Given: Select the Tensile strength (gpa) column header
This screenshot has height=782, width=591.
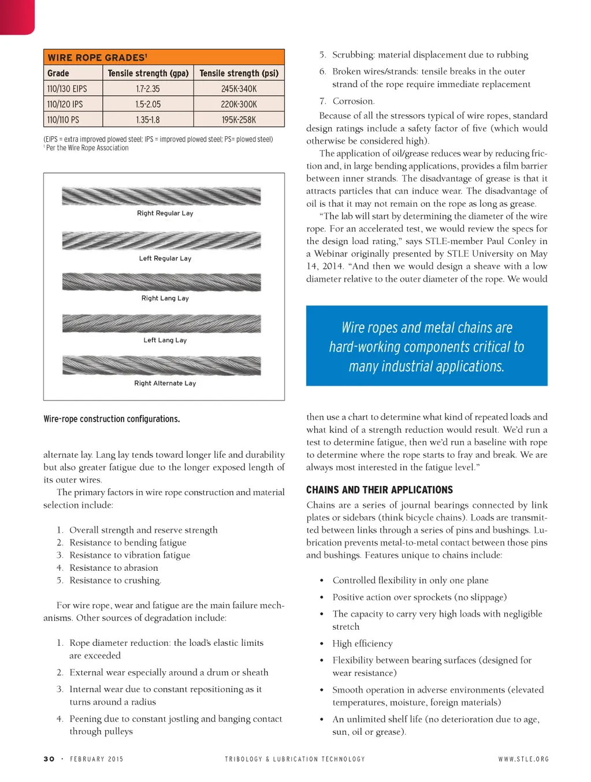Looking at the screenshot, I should (x=148, y=73).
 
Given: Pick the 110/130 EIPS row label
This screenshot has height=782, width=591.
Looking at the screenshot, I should (x=67, y=89).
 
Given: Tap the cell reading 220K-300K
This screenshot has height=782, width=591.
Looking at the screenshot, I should (x=239, y=104).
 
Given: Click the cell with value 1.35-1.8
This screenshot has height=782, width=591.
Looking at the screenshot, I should (x=148, y=120).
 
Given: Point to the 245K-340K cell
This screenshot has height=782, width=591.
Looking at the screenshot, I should (x=239, y=89).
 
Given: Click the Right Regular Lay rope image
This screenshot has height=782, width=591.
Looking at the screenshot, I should (x=161, y=197).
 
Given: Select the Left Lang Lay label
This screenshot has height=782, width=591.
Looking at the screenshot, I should (x=165, y=341).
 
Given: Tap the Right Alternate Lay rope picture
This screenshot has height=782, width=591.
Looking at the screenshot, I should (x=161, y=365).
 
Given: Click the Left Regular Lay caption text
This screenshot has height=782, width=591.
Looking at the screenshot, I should (x=165, y=259).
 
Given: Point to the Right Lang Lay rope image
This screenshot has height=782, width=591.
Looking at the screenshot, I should (x=161, y=282).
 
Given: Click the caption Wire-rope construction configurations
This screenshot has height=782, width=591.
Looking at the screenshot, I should (x=111, y=419).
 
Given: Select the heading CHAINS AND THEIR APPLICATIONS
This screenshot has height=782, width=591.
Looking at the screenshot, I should (x=380, y=490).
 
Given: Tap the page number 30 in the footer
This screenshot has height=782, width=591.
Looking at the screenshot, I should (x=49, y=759).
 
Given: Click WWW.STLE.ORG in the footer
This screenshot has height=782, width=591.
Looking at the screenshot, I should (x=523, y=759).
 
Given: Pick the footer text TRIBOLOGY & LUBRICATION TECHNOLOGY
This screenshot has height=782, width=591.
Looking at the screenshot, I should (x=295, y=759).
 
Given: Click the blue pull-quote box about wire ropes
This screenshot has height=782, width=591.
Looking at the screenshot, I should (x=426, y=346).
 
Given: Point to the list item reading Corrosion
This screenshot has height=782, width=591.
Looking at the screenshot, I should (x=353, y=101).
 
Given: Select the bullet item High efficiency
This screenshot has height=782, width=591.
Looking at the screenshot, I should (x=362, y=643).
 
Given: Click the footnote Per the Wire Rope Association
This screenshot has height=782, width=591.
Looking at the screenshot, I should (x=87, y=148).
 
